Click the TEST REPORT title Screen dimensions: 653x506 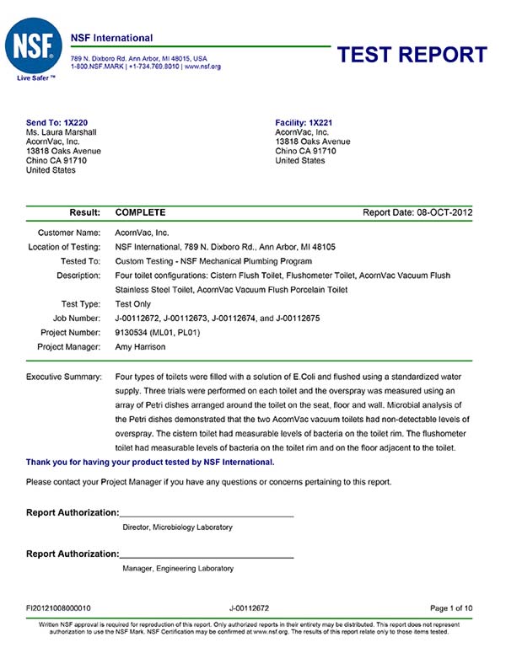(x=412, y=55)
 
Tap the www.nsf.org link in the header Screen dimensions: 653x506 (x=202, y=66)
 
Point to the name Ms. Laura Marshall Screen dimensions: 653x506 (x=63, y=132)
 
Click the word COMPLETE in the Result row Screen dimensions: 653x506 (x=140, y=213)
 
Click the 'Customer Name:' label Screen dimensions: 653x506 (x=69, y=231)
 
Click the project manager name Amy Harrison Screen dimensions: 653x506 (x=141, y=346)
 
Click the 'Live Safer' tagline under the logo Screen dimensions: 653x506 (x=35, y=78)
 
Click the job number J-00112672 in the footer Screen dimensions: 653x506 (x=249, y=607)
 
